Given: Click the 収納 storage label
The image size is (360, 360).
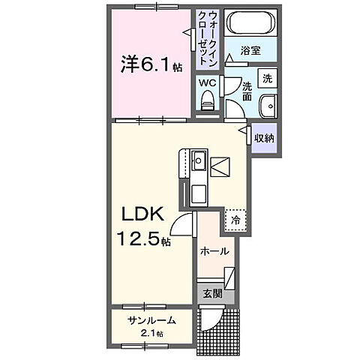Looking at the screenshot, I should (x=263, y=138).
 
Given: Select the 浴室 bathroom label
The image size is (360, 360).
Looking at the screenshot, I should (x=250, y=51).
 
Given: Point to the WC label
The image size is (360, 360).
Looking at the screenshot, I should (x=206, y=84).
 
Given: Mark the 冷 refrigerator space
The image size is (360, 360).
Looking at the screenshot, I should (x=235, y=220).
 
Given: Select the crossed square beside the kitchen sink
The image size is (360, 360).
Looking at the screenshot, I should (x=221, y=165).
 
